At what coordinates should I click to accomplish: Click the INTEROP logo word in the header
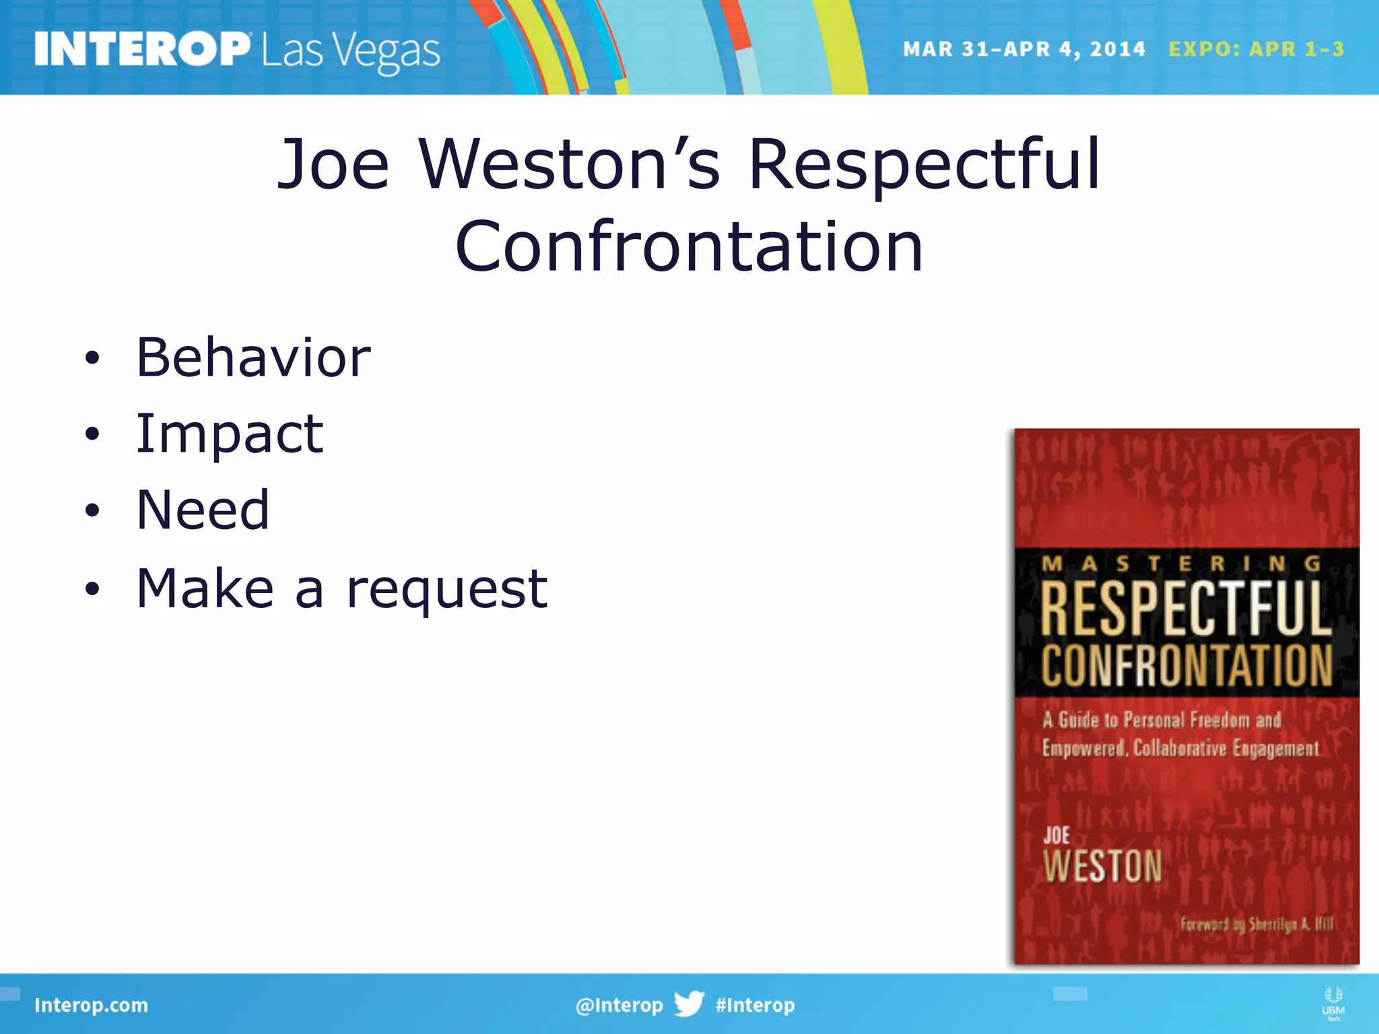tap(141, 49)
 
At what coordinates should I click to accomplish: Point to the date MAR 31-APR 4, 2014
tap(1023, 49)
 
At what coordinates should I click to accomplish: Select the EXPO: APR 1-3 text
tap(1256, 49)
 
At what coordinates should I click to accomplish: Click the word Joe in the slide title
tap(333, 165)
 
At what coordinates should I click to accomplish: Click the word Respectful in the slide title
tap(924, 165)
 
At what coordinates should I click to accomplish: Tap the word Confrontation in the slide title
tap(689, 247)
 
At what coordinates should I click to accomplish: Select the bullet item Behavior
tap(253, 357)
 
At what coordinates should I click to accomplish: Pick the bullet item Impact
tap(230, 434)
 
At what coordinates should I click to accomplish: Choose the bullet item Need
tap(203, 510)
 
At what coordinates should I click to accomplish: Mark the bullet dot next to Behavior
tap(92, 358)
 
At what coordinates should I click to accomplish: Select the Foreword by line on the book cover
tap(1256, 924)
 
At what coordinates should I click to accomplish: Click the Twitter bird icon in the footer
tap(689, 1004)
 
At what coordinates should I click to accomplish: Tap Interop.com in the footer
tap(91, 1005)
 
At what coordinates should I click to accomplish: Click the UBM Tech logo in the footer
tap(1333, 1003)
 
